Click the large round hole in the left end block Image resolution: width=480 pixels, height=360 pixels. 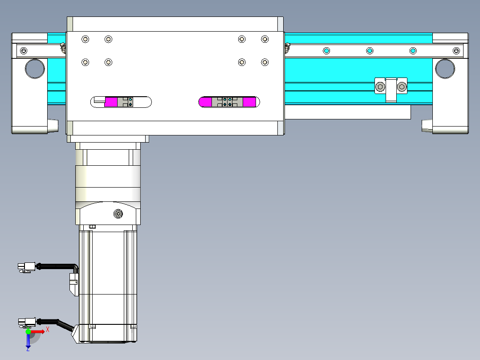tap(35, 69)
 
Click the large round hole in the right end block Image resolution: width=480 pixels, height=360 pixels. tap(445, 69)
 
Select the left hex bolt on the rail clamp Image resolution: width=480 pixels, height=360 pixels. tap(380, 87)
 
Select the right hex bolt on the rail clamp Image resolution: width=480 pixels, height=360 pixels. tap(402, 87)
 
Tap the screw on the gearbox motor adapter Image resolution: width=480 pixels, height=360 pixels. tap(118, 213)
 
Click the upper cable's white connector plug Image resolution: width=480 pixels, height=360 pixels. tap(27, 267)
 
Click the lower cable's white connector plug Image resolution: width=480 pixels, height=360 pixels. tap(27, 322)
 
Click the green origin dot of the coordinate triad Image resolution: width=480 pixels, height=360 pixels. tap(28, 331)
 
